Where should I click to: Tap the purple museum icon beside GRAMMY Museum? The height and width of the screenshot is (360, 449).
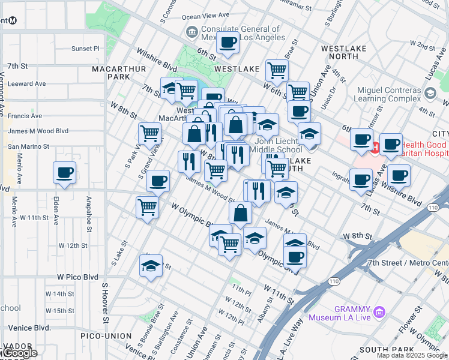[378, 312]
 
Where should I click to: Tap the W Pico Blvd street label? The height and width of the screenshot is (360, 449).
[77, 277]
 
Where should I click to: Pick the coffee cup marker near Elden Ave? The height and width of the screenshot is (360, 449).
[65, 173]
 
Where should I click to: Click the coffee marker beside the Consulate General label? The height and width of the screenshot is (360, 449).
[228, 43]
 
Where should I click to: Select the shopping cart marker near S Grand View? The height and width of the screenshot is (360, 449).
[149, 132]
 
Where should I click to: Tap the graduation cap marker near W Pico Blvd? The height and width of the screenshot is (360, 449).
[151, 265]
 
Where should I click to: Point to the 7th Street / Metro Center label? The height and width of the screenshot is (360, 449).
[408, 263]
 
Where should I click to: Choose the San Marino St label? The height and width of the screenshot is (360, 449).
[28, 146]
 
